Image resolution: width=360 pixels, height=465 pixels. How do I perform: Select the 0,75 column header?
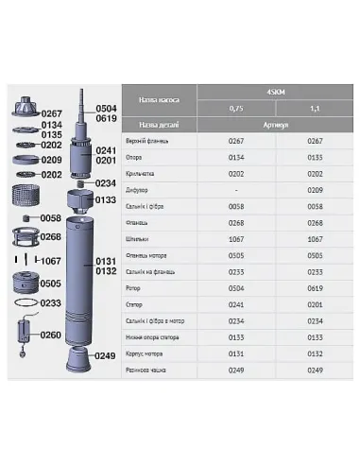coord(224,110)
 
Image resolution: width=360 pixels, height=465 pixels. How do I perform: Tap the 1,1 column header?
coord(301,110)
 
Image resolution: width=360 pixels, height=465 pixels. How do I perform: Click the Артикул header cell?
coord(262,125)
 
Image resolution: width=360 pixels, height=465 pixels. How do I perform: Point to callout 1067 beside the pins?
coord(52,259)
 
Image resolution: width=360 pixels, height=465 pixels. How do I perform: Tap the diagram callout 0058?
coord(52,218)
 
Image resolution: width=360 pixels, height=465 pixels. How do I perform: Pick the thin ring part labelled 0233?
coord(24,303)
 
